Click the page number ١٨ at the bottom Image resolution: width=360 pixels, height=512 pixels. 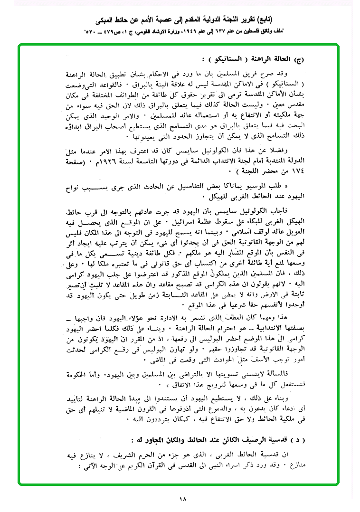pyautogui.click(x=183, y=498)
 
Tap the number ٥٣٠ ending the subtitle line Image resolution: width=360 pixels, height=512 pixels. pyautogui.click(x=92, y=31)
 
